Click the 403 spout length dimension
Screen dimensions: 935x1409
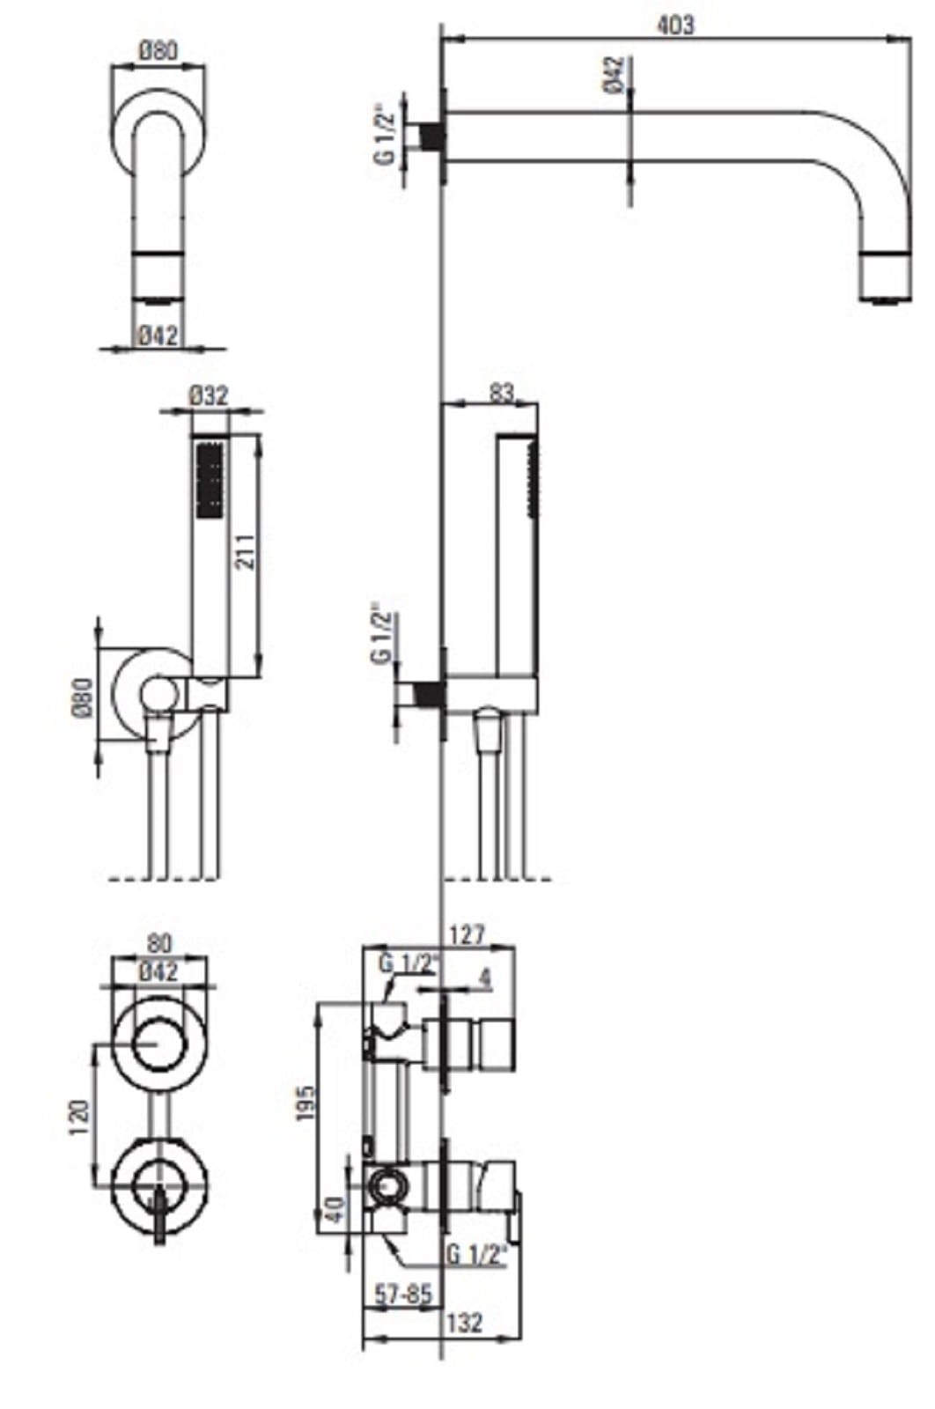675,26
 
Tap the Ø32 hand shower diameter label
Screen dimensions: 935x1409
208,395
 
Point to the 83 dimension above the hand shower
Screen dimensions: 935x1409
501,393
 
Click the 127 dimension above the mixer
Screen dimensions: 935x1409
467,934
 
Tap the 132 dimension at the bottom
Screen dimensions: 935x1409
465,1322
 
